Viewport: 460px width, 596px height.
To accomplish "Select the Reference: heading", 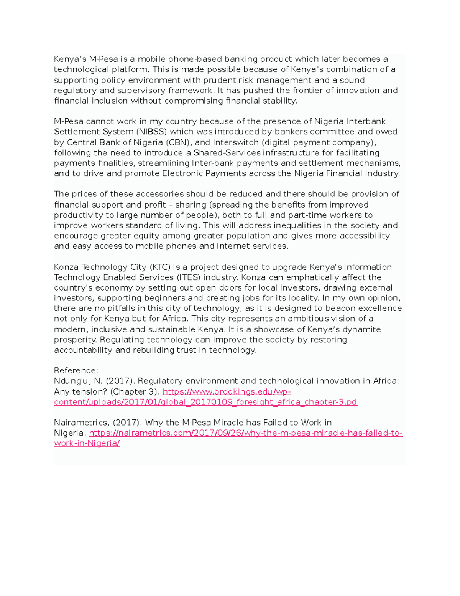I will (76, 371).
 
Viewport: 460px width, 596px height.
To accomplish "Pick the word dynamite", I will (362, 329).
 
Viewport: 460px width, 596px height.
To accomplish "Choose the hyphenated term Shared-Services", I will (227, 153).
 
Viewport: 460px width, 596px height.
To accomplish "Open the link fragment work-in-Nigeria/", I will (87, 444).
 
